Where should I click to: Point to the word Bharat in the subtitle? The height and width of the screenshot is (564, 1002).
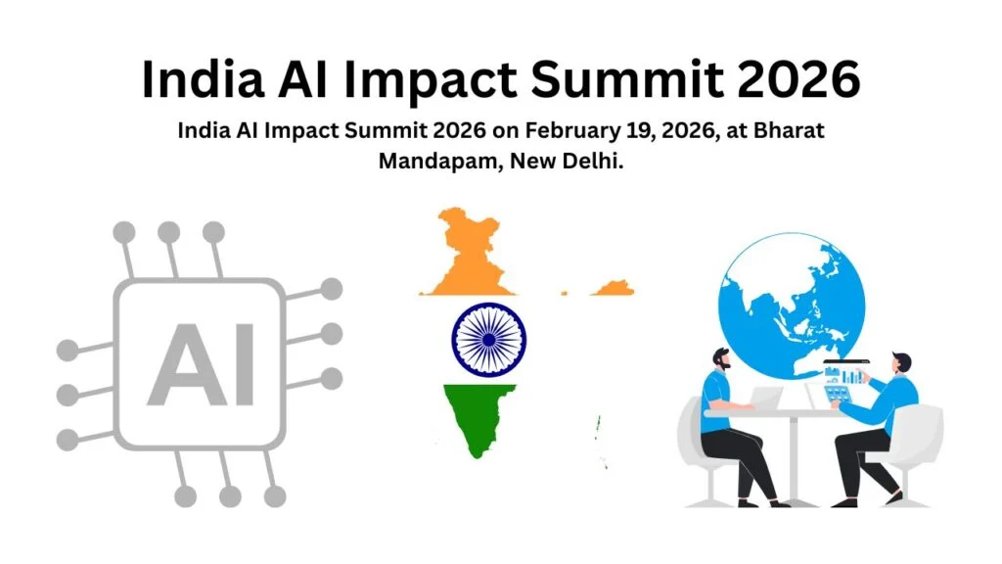click(x=791, y=132)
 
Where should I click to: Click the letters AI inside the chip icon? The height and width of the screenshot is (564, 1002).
click(x=201, y=364)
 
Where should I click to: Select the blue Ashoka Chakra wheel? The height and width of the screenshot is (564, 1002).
click(x=489, y=337)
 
